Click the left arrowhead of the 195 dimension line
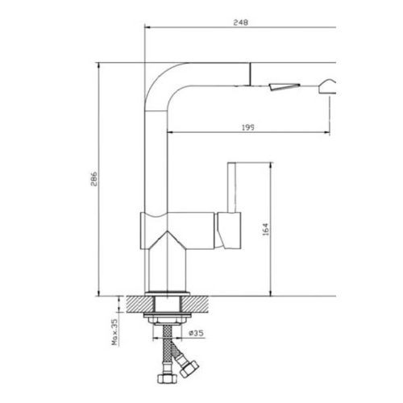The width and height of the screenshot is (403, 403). [x=171, y=134]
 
